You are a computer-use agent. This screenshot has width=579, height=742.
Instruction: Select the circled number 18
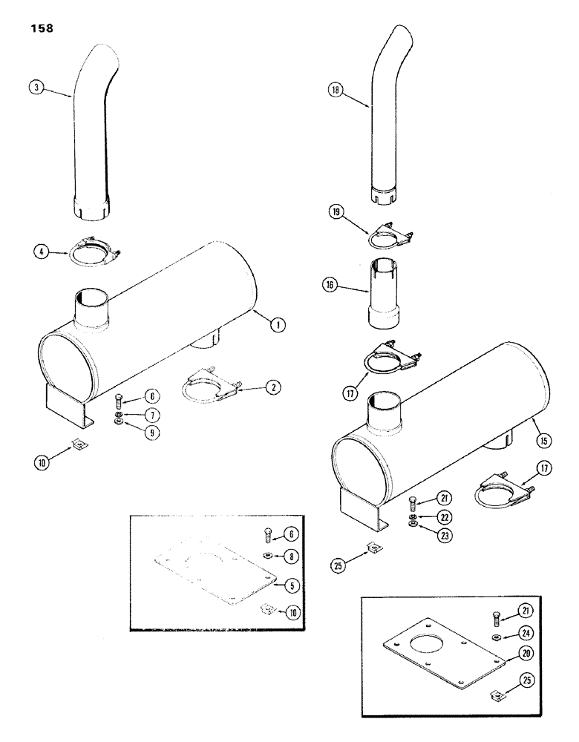click(340, 90)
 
